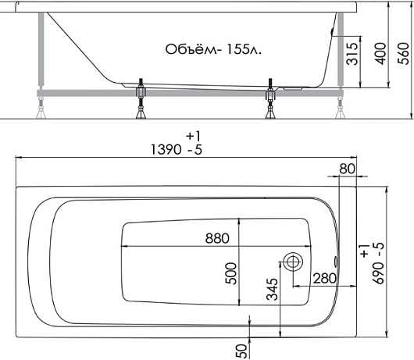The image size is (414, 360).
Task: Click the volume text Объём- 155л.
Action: click(x=213, y=49)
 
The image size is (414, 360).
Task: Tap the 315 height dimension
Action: click(x=352, y=54)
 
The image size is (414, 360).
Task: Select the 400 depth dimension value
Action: click(x=380, y=54)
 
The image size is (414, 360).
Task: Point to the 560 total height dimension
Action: click(x=403, y=54)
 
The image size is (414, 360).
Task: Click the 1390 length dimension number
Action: click(x=166, y=150)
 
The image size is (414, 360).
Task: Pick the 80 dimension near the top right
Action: click(x=347, y=169)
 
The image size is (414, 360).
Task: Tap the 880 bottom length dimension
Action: click(x=217, y=238)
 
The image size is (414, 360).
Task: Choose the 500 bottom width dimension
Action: click(x=231, y=273)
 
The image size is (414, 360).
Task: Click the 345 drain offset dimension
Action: click(x=272, y=289)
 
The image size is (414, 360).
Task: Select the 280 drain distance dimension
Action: click(x=324, y=278)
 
